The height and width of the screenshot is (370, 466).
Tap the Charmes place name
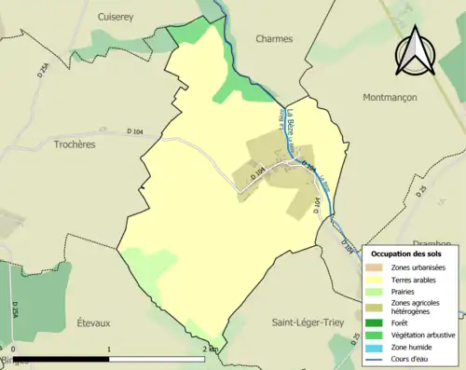(x=274, y=39)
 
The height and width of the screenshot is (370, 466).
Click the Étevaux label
(x=93, y=322)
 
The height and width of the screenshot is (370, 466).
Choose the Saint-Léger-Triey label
(x=308, y=322)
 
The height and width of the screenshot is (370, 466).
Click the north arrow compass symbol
(x=417, y=50)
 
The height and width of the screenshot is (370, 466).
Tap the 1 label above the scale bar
(x=110, y=349)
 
